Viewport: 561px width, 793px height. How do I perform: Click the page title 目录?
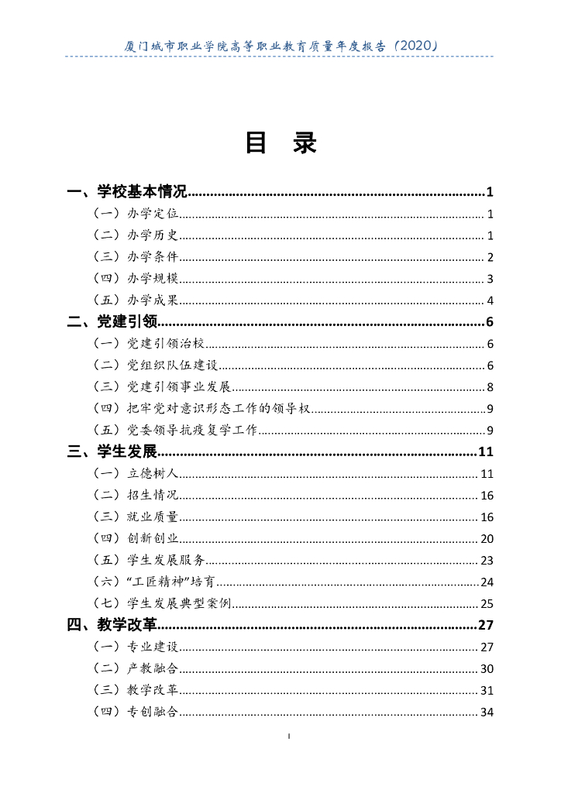[280, 143]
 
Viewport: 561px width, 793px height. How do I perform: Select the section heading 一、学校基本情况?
[127, 192]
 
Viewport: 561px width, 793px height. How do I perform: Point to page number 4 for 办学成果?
[490, 301]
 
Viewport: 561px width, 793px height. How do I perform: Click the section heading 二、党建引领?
[112, 322]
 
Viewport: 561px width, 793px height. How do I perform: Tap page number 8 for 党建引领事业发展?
[490, 388]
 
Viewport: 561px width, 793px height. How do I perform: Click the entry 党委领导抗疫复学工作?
[193, 431]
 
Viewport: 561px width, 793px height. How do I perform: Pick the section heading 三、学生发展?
[112, 452]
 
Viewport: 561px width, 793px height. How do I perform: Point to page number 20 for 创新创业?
[487, 539]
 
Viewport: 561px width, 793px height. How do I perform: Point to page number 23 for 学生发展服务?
[487, 561]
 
